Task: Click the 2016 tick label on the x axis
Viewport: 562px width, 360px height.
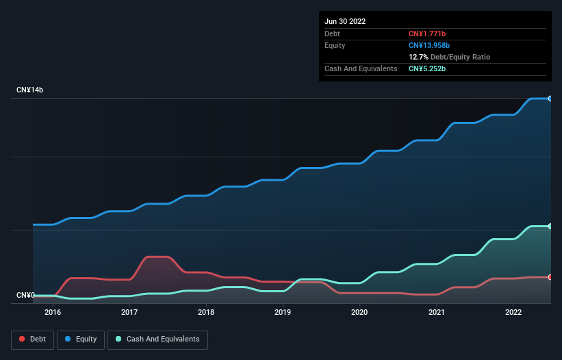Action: click(53, 312)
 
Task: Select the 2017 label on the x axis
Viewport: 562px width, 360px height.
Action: click(129, 312)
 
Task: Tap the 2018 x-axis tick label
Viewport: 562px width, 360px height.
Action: click(206, 312)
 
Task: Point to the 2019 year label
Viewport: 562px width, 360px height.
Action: click(283, 312)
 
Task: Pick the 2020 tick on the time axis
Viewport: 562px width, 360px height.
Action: click(359, 312)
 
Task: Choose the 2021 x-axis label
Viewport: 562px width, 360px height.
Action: click(436, 312)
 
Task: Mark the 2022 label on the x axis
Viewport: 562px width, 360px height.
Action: click(513, 312)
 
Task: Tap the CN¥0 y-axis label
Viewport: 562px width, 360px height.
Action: click(25, 296)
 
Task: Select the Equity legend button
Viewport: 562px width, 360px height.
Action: click(81, 339)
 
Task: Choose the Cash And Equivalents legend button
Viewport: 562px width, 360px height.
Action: click(157, 339)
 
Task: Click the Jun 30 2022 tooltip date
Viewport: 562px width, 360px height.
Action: click(345, 21)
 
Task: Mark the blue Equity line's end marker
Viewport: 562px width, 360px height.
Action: click(550, 99)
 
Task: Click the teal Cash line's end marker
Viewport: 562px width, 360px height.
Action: click(550, 226)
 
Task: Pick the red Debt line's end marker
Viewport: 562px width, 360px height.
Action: click(550, 277)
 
